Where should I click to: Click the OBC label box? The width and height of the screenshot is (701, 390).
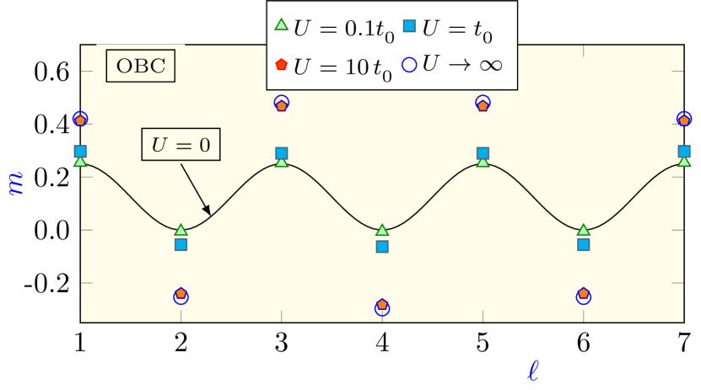pos(140,67)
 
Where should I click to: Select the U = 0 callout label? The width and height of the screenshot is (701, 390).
pos(181,145)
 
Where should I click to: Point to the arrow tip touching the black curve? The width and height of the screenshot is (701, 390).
pos(209,215)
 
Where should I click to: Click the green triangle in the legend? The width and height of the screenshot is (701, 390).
pos(282,25)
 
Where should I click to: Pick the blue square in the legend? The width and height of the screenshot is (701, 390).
pos(409,25)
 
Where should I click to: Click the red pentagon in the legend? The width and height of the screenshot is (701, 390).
pos(282,65)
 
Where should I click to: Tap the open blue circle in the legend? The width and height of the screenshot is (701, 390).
pos(410,65)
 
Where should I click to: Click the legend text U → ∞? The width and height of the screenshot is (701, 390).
pos(462,65)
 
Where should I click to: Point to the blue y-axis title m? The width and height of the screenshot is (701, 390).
pos(16,183)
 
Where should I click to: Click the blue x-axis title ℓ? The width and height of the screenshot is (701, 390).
pos(532,370)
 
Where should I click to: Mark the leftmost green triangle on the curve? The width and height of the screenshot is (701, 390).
pos(80,161)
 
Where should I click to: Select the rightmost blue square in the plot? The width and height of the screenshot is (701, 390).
pos(684,152)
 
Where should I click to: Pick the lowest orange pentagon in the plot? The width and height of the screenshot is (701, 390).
pos(382,304)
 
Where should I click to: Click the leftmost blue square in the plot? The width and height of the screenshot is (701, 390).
pos(80,152)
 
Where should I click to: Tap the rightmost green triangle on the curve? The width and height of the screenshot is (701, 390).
pos(684,161)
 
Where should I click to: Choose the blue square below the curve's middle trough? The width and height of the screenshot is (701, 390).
pos(382,247)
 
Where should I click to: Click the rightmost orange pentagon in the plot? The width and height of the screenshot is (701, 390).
pos(684,120)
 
